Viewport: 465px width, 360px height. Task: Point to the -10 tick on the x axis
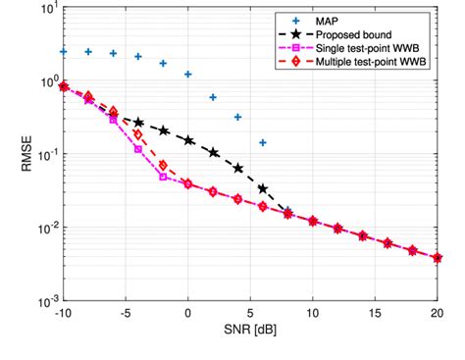click(x=64, y=315)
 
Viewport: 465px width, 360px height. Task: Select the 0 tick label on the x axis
click(x=188, y=315)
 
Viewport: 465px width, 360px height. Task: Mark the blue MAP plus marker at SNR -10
click(x=64, y=51)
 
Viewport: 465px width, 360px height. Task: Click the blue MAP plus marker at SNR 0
click(x=188, y=75)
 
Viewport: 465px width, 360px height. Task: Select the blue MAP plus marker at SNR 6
click(x=263, y=143)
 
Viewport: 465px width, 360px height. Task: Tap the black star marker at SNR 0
click(x=188, y=140)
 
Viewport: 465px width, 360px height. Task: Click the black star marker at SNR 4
click(x=238, y=168)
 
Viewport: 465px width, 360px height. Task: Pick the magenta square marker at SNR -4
click(x=138, y=149)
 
